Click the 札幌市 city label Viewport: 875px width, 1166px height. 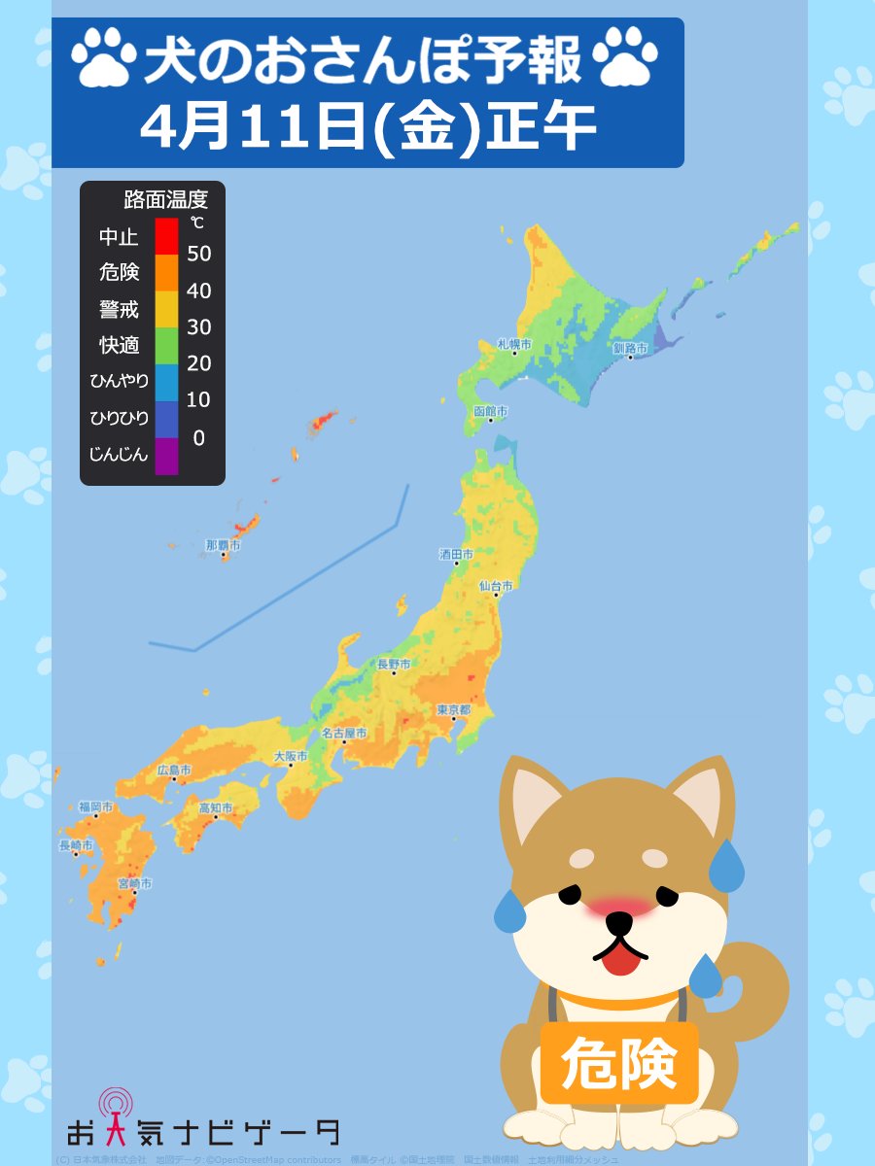(514, 344)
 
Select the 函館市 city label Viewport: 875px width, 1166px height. (490, 411)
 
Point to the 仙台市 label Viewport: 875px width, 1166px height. (496, 586)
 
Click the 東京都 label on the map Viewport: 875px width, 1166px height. (454, 709)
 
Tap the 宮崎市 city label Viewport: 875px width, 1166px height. (134, 883)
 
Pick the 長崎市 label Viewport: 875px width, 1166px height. (76, 845)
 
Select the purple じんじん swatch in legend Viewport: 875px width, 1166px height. (166, 456)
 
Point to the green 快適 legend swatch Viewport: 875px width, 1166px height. (166, 346)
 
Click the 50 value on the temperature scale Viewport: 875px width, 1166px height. (198, 255)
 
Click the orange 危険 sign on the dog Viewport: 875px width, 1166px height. (619, 1062)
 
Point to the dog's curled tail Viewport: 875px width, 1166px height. (763, 981)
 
